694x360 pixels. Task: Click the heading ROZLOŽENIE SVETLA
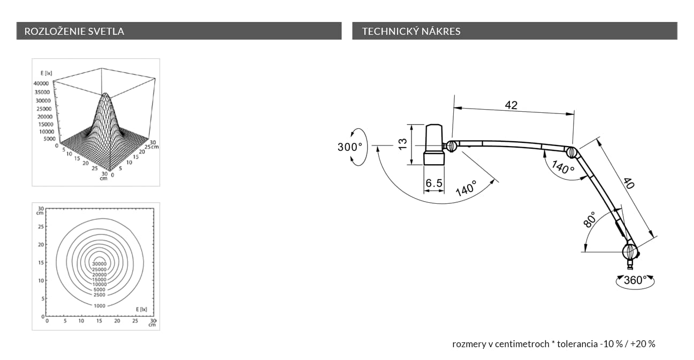pos(74,31)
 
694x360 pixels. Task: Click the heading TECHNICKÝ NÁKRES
pos(411,31)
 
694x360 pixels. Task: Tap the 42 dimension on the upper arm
pos(511,105)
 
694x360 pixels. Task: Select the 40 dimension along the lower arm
pos(629,183)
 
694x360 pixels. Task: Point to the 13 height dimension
pos(402,144)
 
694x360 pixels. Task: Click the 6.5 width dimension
pos(434,183)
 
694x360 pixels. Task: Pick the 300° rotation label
pos(350,147)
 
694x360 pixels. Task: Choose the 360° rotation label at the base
pos(635,280)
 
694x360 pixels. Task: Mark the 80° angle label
pos(589,220)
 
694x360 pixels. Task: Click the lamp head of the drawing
pos(434,144)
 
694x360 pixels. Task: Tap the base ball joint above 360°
pos(630,251)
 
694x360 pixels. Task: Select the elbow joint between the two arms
pos(571,152)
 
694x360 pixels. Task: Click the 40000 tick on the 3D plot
pos(41,83)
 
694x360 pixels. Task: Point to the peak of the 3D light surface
pos(105,93)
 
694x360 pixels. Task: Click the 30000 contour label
pos(99,264)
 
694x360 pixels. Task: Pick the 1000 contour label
pos(100,306)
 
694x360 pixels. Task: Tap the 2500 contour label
pos(100,295)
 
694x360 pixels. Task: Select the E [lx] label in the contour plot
pos(141,309)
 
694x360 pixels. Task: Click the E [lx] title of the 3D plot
pos(46,73)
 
